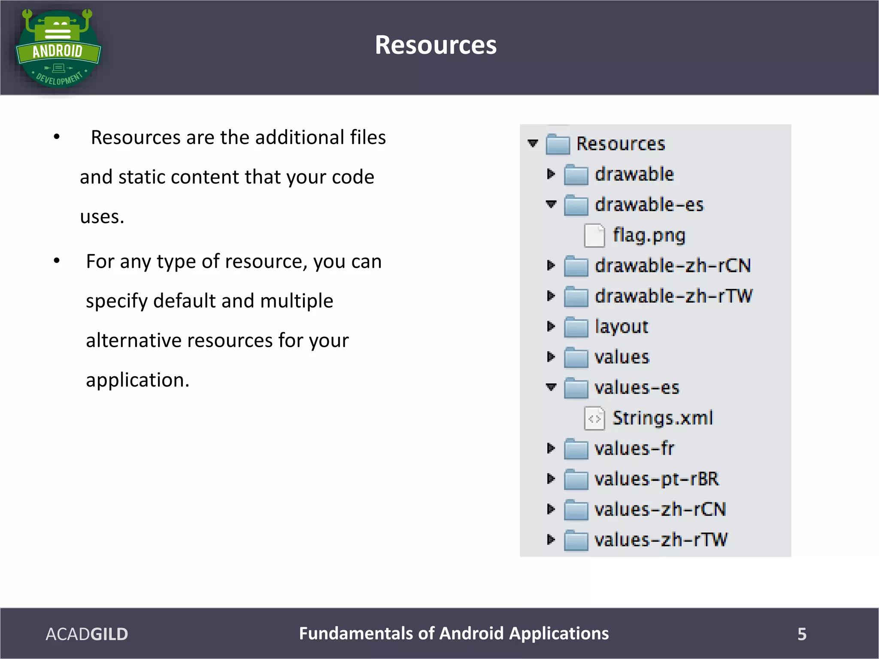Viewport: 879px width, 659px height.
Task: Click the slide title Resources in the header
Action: click(436, 45)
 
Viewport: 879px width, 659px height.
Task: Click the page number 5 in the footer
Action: click(802, 634)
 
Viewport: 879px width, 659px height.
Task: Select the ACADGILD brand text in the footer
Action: click(87, 634)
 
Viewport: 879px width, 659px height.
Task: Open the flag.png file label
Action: click(649, 235)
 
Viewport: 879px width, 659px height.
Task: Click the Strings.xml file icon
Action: click(594, 418)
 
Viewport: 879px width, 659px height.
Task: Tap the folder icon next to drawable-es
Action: click(576, 205)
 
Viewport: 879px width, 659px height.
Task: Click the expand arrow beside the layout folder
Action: click(551, 326)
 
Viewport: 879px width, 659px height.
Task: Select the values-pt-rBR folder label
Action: click(656, 479)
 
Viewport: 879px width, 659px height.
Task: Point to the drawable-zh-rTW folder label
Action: click(673, 296)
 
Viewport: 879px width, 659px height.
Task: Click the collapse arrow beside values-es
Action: click(551, 387)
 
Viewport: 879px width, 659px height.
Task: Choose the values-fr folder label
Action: click(634, 448)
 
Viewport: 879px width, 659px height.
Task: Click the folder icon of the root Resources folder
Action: click(558, 144)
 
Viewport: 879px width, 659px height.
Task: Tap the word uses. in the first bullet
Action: click(102, 217)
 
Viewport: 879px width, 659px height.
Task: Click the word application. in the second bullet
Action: click(137, 380)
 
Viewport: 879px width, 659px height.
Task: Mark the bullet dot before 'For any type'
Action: click(57, 261)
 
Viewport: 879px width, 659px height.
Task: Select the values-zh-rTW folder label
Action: click(661, 540)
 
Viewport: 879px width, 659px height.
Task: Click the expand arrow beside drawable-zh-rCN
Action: click(551, 266)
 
